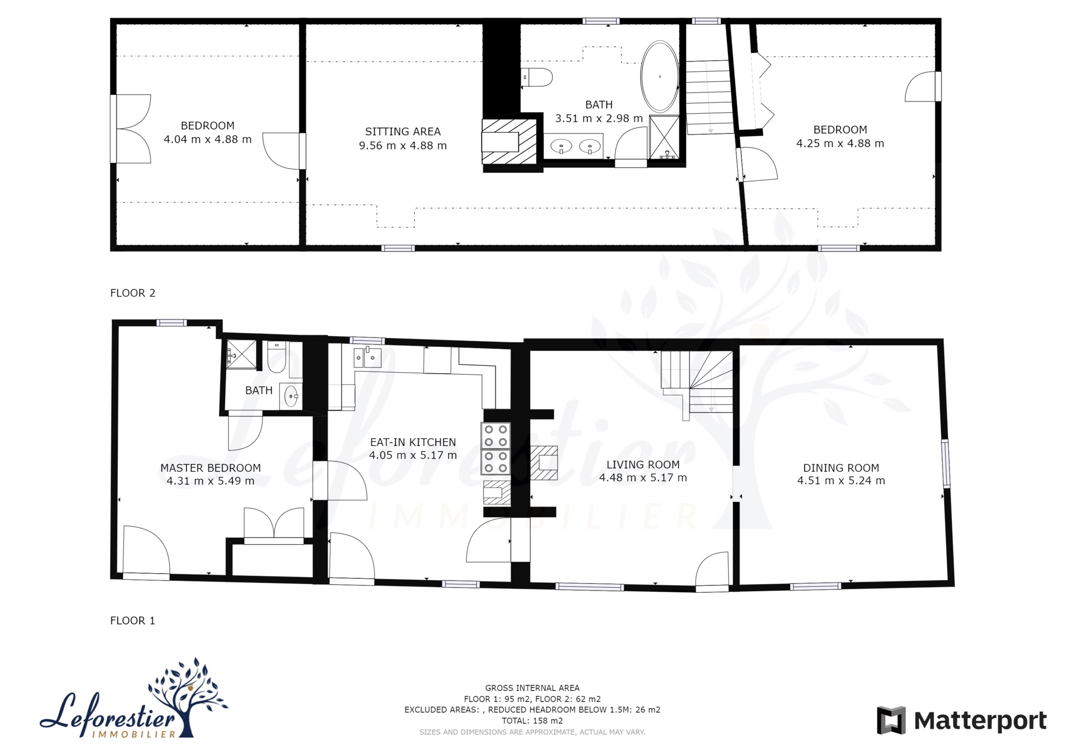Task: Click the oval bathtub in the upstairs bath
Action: [x=660, y=77]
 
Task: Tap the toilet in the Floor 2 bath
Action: [x=537, y=77]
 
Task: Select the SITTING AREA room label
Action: [x=402, y=132]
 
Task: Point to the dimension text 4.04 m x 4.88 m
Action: [x=207, y=140]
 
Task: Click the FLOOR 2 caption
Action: [x=133, y=293]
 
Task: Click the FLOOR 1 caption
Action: [x=133, y=621]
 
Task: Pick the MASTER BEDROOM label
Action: [x=211, y=468]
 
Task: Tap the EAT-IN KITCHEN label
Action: [x=413, y=442]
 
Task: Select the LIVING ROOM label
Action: [x=643, y=464]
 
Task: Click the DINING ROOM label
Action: [x=841, y=468]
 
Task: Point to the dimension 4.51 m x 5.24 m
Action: [x=841, y=481]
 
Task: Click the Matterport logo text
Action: [x=980, y=721]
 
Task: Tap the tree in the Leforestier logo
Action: [x=188, y=695]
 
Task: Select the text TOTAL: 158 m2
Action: [x=532, y=721]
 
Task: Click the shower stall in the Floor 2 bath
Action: [x=664, y=137]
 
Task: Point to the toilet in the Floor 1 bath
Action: [x=277, y=357]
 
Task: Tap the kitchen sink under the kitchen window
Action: [x=368, y=357]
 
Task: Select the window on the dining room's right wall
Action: [x=946, y=463]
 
